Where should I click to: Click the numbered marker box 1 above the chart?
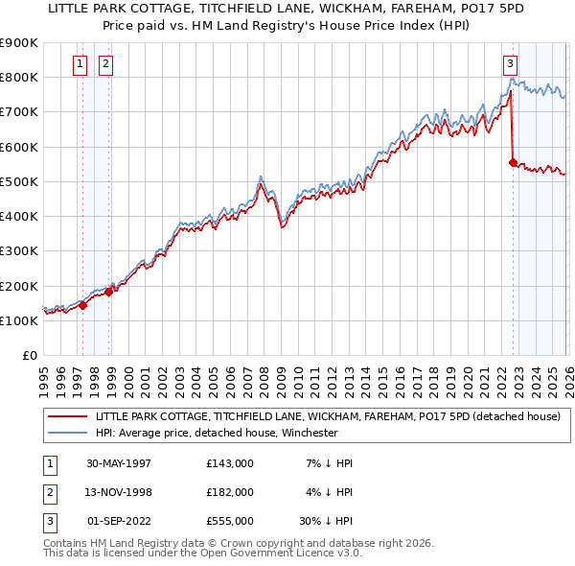click(x=79, y=65)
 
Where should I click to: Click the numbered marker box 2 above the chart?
click(x=104, y=65)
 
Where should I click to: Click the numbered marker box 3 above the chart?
click(x=511, y=65)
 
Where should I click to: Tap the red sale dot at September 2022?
click(x=514, y=162)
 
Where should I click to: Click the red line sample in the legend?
click(x=67, y=417)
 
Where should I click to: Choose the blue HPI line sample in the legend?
click(x=67, y=433)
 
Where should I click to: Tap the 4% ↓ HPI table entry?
click(x=329, y=492)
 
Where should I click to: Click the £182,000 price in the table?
click(x=229, y=492)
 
